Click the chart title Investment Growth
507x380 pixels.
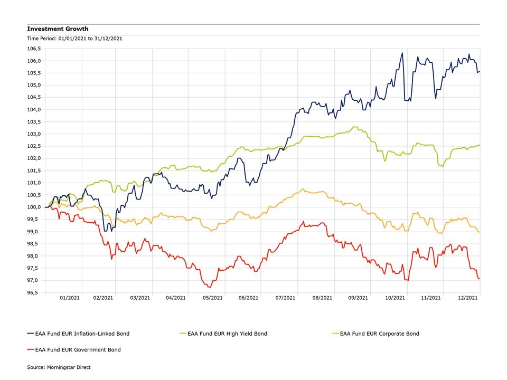click(58, 29)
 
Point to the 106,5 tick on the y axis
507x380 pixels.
click(35, 49)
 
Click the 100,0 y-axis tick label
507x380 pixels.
click(35, 207)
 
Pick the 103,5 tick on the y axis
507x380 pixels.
click(35, 121)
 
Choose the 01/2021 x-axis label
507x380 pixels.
click(70, 298)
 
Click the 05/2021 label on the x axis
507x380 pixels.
click(212, 298)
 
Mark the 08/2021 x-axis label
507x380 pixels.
click(321, 298)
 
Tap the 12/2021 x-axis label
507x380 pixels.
click(467, 298)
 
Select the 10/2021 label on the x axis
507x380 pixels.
click(395, 298)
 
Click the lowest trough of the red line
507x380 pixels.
click(210, 287)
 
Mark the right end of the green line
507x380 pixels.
click(480, 145)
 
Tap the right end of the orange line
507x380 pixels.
click(479, 232)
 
